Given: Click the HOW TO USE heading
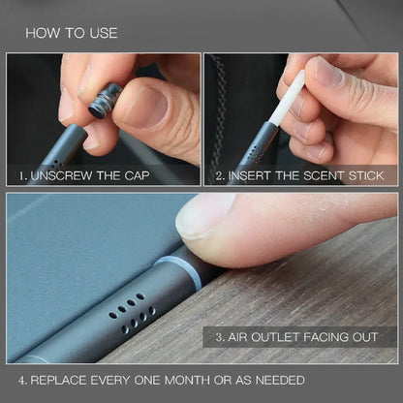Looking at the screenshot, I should click(x=71, y=33).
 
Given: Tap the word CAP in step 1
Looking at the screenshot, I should click(x=163, y=176).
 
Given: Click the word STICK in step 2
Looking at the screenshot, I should click(x=363, y=176).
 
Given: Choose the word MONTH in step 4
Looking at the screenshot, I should click(x=195, y=380).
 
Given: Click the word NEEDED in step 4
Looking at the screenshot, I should click(x=280, y=380).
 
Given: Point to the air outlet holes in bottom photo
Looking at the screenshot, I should click(x=137, y=309).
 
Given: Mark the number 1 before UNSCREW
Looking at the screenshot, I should click(x=22, y=176).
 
